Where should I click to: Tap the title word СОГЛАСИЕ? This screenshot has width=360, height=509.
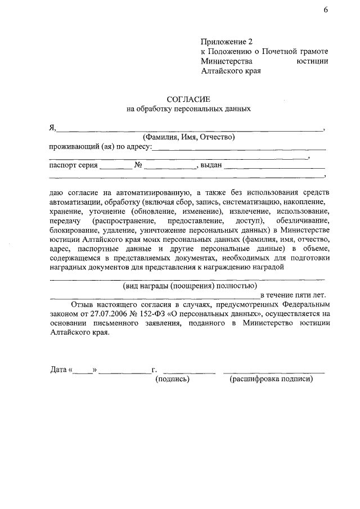[188, 99]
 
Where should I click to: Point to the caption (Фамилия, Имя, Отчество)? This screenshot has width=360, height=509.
[188, 137]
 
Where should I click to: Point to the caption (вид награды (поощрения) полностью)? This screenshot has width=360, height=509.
[187, 285]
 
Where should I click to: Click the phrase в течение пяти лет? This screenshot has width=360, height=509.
[292, 294]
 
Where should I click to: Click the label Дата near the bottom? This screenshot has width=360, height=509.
[58, 370]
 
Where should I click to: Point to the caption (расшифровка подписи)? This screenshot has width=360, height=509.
[271, 380]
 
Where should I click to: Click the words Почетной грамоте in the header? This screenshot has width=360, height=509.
[296, 52]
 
